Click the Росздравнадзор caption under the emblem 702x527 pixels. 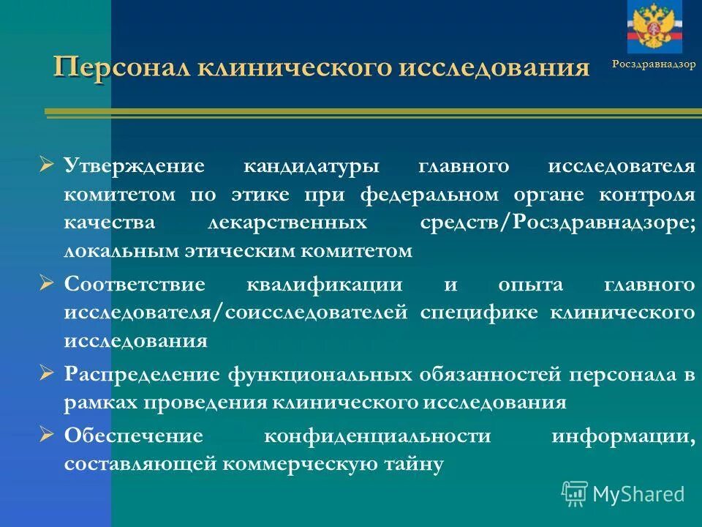pyautogui.click(x=654, y=64)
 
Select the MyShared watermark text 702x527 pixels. pyautogui.click(x=638, y=494)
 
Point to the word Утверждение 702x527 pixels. pyautogui.click(x=133, y=165)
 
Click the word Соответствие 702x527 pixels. pyautogui.click(x=135, y=284)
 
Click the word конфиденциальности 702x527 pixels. pyautogui.click(x=377, y=436)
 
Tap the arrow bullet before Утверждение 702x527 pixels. pyautogui.click(x=47, y=165)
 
